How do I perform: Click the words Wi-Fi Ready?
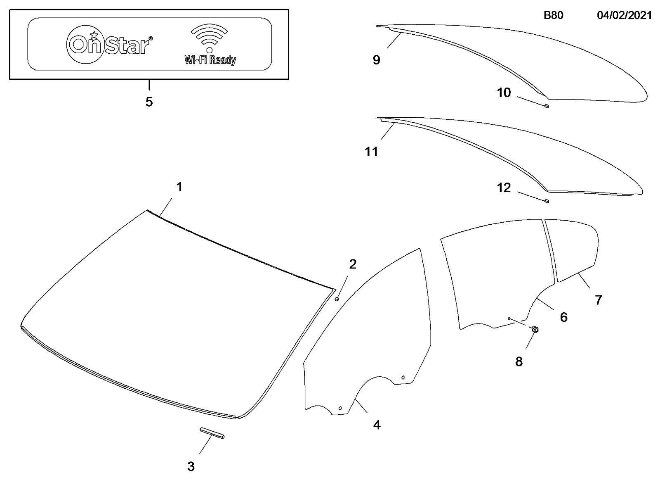pyautogui.click(x=210, y=60)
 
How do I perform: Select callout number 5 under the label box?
pyautogui.click(x=149, y=102)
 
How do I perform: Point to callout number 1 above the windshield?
pyautogui.click(x=179, y=186)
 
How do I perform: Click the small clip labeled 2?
pyautogui.click(x=337, y=299)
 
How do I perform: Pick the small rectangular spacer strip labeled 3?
pyautogui.click(x=212, y=432)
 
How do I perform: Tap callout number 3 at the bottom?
pyautogui.click(x=191, y=466)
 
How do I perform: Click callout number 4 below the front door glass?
pyautogui.click(x=377, y=425)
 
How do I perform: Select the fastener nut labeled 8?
pyautogui.click(x=535, y=329)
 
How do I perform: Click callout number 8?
pyautogui.click(x=519, y=361)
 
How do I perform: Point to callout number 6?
pyautogui.click(x=563, y=317)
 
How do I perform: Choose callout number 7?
pyautogui.click(x=599, y=300)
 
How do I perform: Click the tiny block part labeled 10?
pyautogui.click(x=546, y=106)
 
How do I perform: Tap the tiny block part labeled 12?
pyautogui.click(x=546, y=201)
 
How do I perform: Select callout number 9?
pyautogui.click(x=377, y=60)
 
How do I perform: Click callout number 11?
pyautogui.click(x=371, y=152)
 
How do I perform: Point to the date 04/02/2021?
pyautogui.click(x=625, y=15)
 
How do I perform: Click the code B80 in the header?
pyautogui.click(x=553, y=15)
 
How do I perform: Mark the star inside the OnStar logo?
pyautogui.click(x=94, y=35)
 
